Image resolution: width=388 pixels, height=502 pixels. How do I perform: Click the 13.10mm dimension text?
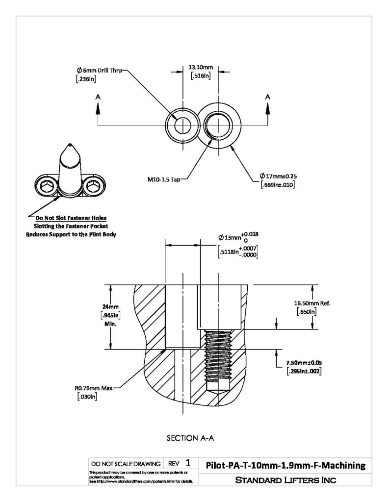[x=201, y=67]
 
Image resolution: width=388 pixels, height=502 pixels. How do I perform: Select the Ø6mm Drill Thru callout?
[x=99, y=71]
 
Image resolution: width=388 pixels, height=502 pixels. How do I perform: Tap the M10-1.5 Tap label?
[x=164, y=179]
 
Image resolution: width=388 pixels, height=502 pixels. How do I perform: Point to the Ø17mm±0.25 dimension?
[x=279, y=176]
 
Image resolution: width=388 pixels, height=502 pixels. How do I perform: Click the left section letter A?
[x=98, y=97]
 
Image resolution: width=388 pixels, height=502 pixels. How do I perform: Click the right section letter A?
[x=268, y=97]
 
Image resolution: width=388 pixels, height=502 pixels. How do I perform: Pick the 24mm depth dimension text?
[x=110, y=307]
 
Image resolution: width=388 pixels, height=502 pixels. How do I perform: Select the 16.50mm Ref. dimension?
[x=312, y=303]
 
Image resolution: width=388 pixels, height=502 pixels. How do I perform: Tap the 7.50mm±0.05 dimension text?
[x=304, y=363]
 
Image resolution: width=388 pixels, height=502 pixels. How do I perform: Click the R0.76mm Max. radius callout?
[x=94, y=388]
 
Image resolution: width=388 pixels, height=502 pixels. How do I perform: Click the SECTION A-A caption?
[x=190, y=438]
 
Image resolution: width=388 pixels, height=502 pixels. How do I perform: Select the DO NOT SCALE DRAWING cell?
[x=126, y=464]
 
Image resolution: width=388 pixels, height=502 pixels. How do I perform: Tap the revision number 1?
[x=188, y=463]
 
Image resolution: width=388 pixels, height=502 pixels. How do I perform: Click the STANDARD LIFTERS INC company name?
[x=285, y=480]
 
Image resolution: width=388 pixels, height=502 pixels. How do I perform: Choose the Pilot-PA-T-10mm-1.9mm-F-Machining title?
[x=285, y=465]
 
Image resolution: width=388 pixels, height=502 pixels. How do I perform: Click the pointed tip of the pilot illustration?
[x=70, y=144]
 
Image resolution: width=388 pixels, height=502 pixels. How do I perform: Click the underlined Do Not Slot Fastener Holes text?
[x=71, y=218]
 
